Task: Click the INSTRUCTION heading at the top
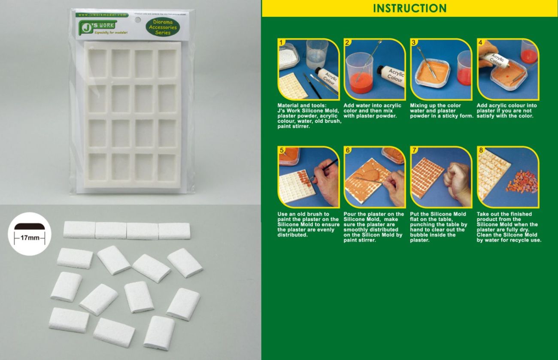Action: pyautogui.click(x=409, y=8)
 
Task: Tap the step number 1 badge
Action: pyautogui.click(x=282, y=42)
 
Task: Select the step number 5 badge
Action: pyautogui.click(x=282, y=150)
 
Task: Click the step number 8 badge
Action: pyautogui.click(x=480, y=150)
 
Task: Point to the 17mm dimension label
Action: pyautogui.click(x=30, y=237)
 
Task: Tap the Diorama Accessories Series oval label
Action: pyautogui.click(x=162, y=27)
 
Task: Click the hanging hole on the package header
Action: pyautogui.click(x=138, y=19)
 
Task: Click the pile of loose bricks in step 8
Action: pyautogui.click(x=522, y=182)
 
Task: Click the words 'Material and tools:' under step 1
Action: pyautogui.click(x=302, y=106)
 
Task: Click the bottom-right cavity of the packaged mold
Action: pyautogui.click(x=167, y=167)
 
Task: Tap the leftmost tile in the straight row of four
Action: pyautogui.click(x=79, y=230)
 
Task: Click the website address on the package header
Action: pyautogui.click(x=103, y=15)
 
